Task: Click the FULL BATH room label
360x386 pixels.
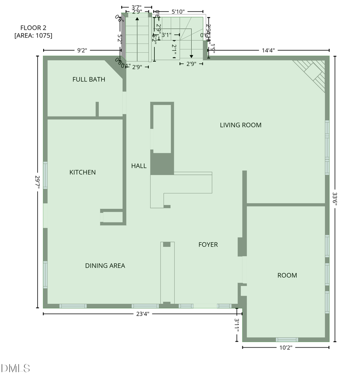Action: pos(89,80)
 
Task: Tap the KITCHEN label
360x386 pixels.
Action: pos(82,172)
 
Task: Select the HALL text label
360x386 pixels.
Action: pos(139,166)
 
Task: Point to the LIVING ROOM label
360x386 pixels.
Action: pos(240,125)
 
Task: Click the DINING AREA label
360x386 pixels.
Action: pos(105,266)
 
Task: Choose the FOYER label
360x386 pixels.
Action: pos(208,244)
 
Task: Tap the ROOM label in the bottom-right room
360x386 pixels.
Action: pos(287,275)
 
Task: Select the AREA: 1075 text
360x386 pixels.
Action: pos(33,36)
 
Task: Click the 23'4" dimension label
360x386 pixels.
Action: pos(142,314)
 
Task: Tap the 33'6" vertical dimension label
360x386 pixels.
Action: pos(335,199)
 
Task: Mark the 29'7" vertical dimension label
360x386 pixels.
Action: pos(38,182)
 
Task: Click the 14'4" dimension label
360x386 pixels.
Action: pos(268,50)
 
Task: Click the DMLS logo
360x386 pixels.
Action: pos(16,368)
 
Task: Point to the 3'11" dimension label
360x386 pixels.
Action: pos(237,325)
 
